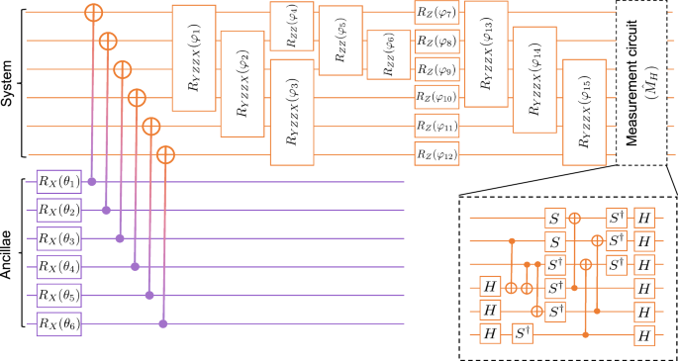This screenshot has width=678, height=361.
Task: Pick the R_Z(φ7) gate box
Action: point(434,14)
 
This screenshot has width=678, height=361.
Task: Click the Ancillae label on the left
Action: point(10,254)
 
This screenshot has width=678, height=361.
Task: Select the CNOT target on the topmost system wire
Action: point(93,14)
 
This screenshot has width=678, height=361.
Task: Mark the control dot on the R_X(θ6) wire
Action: point(163,323)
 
